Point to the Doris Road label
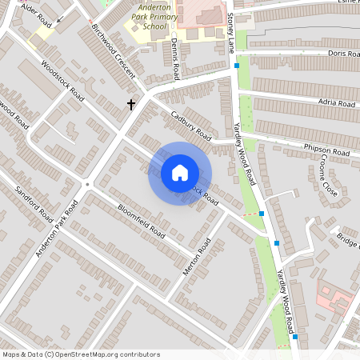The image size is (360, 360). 342,54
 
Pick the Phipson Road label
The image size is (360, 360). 326,150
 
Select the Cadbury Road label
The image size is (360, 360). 190,123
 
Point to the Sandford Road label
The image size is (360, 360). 34,204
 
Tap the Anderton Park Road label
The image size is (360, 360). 57,230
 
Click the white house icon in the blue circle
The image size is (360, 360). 179,173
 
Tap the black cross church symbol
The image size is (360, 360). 131,105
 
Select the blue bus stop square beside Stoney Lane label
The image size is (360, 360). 237,65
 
